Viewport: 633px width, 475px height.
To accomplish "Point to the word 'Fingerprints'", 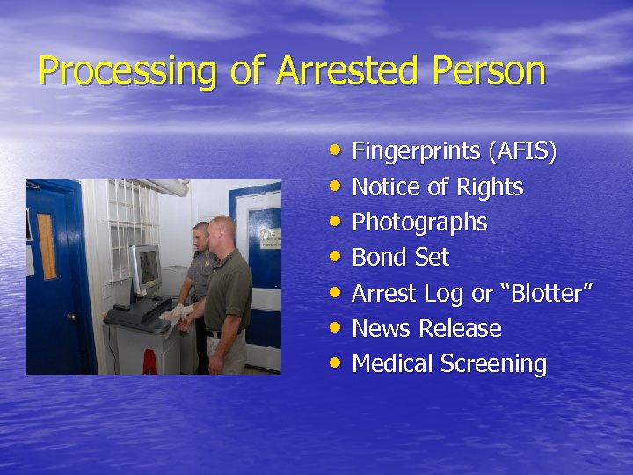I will (x=416, y=152).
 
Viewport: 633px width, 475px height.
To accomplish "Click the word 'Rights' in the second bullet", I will (x=491, y=187).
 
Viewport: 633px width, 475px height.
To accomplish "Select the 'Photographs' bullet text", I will (x=419, y=223).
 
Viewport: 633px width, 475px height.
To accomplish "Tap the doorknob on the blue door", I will (x=71, y=316).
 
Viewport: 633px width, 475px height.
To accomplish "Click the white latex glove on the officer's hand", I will (x=180, y=311).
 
